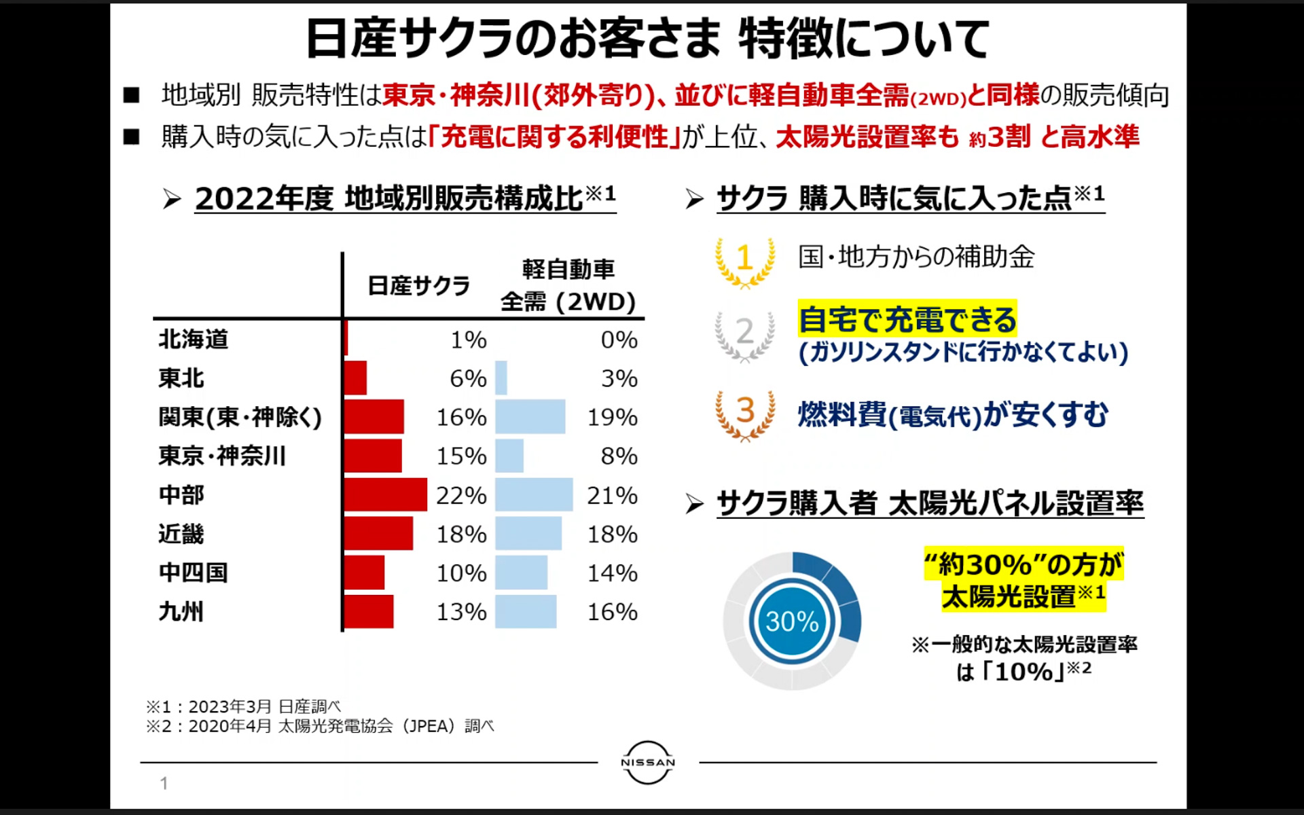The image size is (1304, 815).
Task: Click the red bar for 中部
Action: coord(385,494)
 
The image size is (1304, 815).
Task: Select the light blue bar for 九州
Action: coord(526,611)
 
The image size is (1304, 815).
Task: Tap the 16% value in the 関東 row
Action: coord(461,417)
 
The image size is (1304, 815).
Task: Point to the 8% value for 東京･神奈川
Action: coord(619,456)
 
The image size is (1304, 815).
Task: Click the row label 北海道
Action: coord(194,339)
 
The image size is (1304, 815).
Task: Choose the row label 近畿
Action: coord(181,534)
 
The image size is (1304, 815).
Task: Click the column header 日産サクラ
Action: coord(418,286)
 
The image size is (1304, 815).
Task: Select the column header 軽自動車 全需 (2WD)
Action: coord(568,286)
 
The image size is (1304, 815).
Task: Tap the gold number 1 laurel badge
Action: coord(744,261)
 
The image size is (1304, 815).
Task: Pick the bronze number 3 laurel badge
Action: coord(745,414)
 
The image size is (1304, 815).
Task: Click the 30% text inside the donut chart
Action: coord(792,621)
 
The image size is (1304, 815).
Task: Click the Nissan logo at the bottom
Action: coord(648,762)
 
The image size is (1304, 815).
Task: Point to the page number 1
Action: coord(164,783)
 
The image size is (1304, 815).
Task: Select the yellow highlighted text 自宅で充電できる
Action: coord(907,319)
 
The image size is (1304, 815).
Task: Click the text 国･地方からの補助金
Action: coord(916,257)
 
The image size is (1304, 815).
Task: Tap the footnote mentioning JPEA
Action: coord(320,726)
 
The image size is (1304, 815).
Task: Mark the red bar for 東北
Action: coord(355,378)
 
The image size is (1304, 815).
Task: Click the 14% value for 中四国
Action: coord(612,573)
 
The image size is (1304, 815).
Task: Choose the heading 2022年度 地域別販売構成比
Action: coord(405,198)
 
